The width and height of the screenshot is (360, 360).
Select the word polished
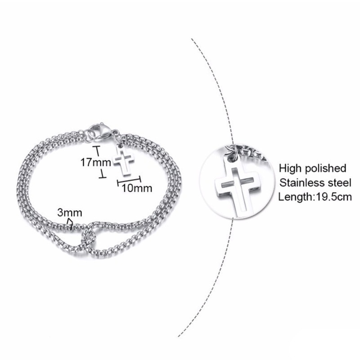pyautogui.click(x=325, y=168)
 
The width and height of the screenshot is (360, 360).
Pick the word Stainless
pyautogui.click(x=301, y=182)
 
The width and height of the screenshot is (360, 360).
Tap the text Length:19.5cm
pyautogui.click(x=315, y=196)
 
